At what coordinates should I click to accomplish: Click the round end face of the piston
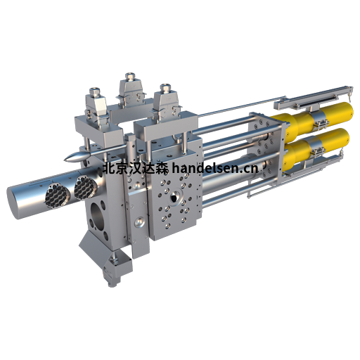15,202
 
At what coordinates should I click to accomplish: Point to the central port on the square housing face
174,198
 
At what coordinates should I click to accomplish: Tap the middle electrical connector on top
131,90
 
